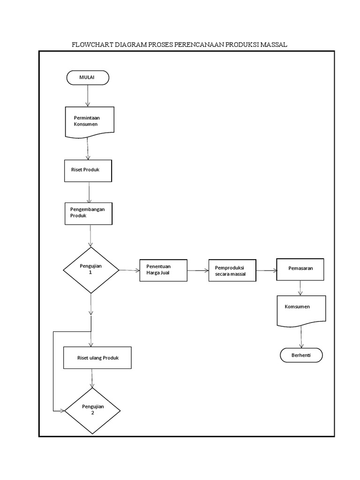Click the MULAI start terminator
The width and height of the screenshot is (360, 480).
88,78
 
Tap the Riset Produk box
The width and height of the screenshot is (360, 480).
88,171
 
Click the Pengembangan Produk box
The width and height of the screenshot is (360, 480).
89,213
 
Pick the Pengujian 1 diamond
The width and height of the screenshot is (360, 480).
91,270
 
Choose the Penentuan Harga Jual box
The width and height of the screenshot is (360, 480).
163,270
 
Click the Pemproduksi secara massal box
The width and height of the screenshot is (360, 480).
232,270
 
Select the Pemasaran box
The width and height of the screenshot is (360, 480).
300,269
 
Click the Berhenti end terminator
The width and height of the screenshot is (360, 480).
301,355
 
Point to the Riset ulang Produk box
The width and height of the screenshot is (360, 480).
97,358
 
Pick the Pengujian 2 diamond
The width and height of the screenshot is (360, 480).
92,410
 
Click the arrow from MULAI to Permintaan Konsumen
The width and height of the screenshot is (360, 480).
88,96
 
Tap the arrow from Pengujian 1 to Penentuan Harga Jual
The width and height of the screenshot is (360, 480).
129,270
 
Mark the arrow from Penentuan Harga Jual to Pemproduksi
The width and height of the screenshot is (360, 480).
198,270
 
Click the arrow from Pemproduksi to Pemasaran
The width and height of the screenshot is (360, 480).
266,270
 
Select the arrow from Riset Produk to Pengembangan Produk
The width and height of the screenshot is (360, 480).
89,192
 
